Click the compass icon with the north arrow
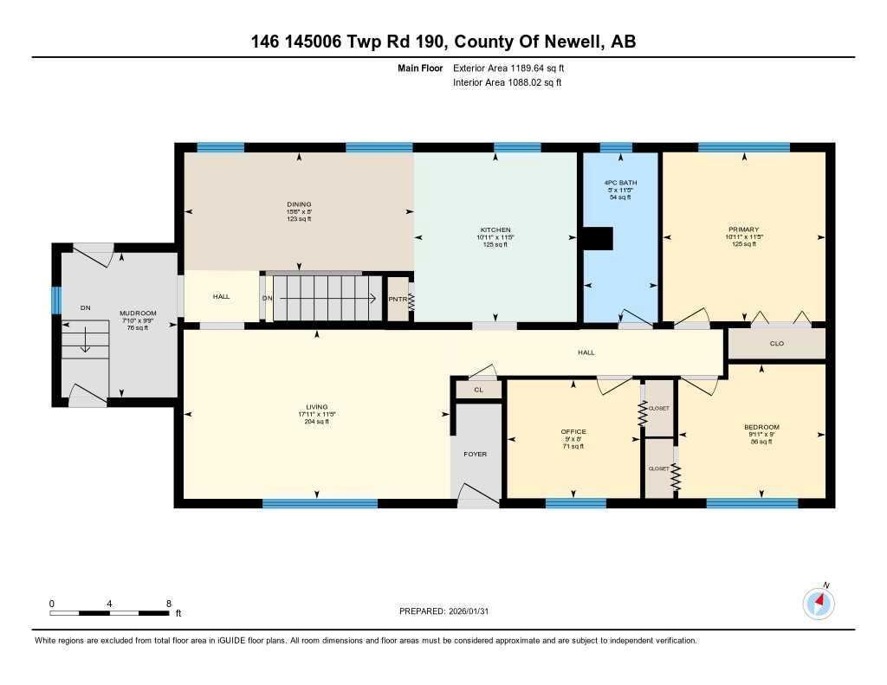coord(819,603)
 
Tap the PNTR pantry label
coord(398,300)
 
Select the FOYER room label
coord(475,454)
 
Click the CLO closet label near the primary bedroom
coord(777,344)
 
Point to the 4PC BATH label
coord(620,184)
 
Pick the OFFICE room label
coord(573,431)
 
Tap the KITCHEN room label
coord(495,229)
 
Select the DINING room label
coord(299,206)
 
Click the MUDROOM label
coord(138,313)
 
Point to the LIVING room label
coord(317,407)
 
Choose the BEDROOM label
coord(761,427)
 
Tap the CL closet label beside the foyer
coord(478,391)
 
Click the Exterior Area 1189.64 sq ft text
coord(508,68)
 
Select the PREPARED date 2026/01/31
coord(449,611)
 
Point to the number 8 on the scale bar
coord(169,603)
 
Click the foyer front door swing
coord(476,497)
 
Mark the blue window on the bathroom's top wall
coord(616,147)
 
